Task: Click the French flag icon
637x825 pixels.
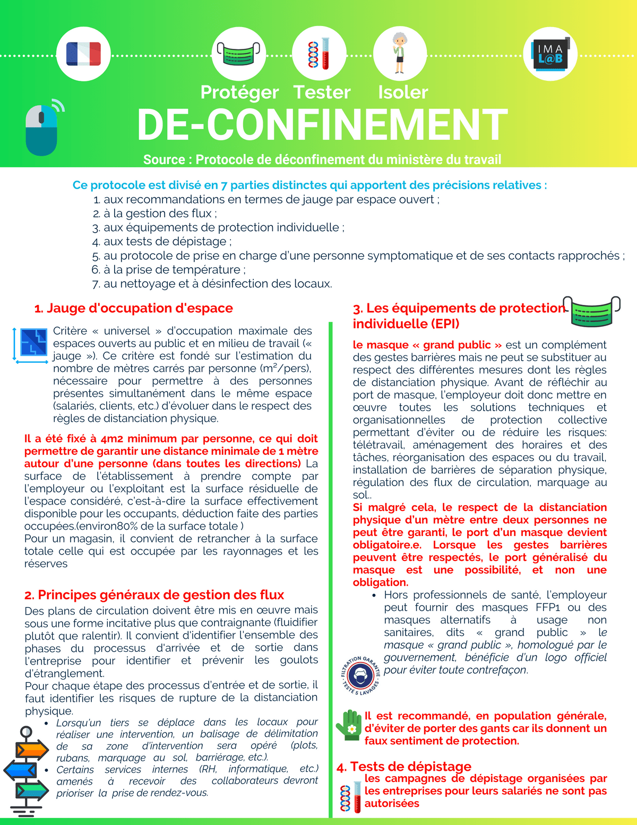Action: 83,54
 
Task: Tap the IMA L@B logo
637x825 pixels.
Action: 550,54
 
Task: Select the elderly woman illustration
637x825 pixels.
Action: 399,53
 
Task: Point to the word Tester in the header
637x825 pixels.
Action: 322,92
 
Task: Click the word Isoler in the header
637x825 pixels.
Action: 403,92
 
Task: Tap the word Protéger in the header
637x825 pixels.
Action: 239,92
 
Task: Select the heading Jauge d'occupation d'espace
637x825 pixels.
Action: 134,308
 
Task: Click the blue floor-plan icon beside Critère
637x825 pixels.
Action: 33,344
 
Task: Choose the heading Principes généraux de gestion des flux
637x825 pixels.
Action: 154,594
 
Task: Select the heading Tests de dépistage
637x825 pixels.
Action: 404,766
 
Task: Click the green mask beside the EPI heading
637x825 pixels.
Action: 592,311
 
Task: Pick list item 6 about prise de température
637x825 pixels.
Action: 168,270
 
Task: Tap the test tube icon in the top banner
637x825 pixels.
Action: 320,54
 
